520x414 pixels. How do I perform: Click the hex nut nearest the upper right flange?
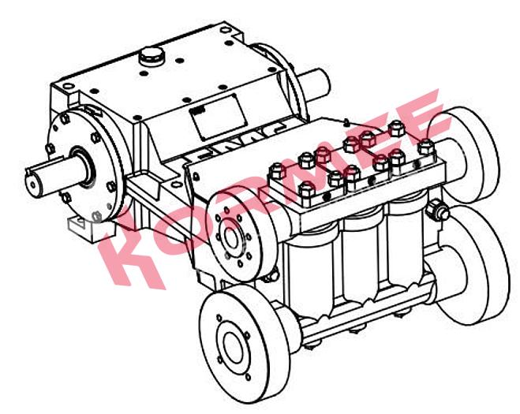click(x=426, y=147)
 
